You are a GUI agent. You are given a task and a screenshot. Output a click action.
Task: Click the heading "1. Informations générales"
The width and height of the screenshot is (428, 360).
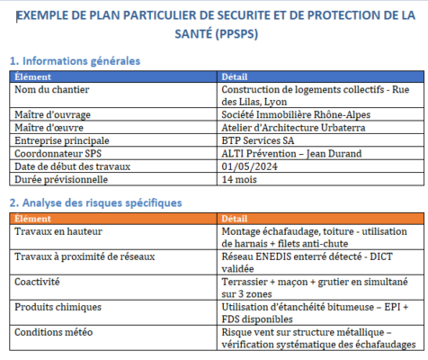(x=75, y=61)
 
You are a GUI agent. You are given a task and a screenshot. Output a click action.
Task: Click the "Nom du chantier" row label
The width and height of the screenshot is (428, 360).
(x=50, y=89)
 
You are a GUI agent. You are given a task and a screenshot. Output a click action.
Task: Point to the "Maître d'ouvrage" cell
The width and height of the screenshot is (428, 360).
(x=53, y=114)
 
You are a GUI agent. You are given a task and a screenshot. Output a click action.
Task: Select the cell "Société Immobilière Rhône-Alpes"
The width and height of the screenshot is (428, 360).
(x=295, y=114)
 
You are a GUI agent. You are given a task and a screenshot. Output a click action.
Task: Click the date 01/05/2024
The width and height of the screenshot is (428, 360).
(x=248, y=166)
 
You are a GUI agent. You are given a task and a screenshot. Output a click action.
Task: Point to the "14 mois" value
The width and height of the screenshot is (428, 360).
(x=238, y=180)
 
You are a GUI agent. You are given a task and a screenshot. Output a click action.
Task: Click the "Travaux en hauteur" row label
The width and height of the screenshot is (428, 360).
(x=58, y=231)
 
